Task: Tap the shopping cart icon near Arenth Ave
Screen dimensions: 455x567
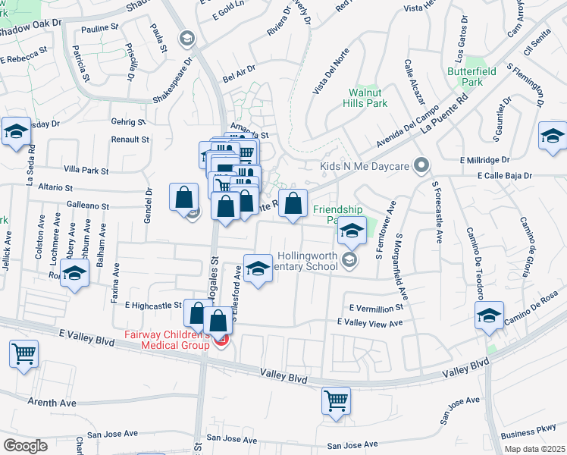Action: [24, 353]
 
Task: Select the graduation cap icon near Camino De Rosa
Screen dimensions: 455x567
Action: [490, 315]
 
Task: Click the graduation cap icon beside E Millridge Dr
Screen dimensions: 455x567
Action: [553, 136]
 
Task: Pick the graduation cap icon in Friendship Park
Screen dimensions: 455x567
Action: [352, 231]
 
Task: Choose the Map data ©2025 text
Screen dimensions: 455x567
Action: [534, 449]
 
